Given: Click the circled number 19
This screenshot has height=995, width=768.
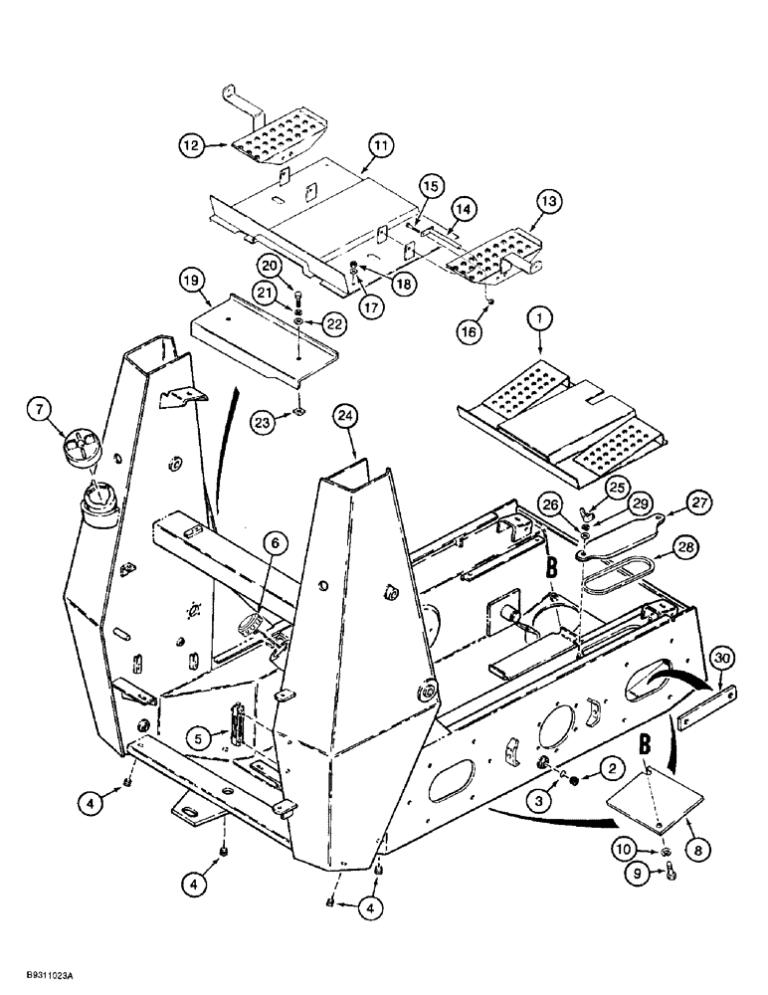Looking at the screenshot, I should click(x=196, y=282).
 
